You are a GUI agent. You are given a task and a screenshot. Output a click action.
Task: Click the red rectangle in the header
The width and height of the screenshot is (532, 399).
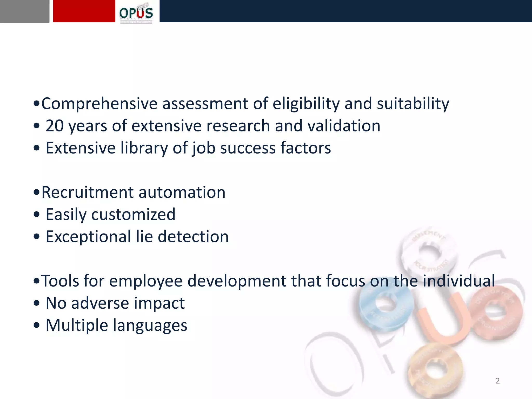click(84, 11)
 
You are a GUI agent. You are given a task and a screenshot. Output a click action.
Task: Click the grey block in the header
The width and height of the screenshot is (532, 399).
click(24, 11)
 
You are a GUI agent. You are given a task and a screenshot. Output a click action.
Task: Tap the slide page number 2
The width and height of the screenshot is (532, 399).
click(497, 381)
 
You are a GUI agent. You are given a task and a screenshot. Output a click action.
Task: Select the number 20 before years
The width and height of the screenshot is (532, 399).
click(55, 126)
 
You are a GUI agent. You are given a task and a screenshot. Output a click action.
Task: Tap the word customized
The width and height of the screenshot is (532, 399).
click(133, 215)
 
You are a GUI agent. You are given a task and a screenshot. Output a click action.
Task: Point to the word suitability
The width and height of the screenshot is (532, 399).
click(413, 104)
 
